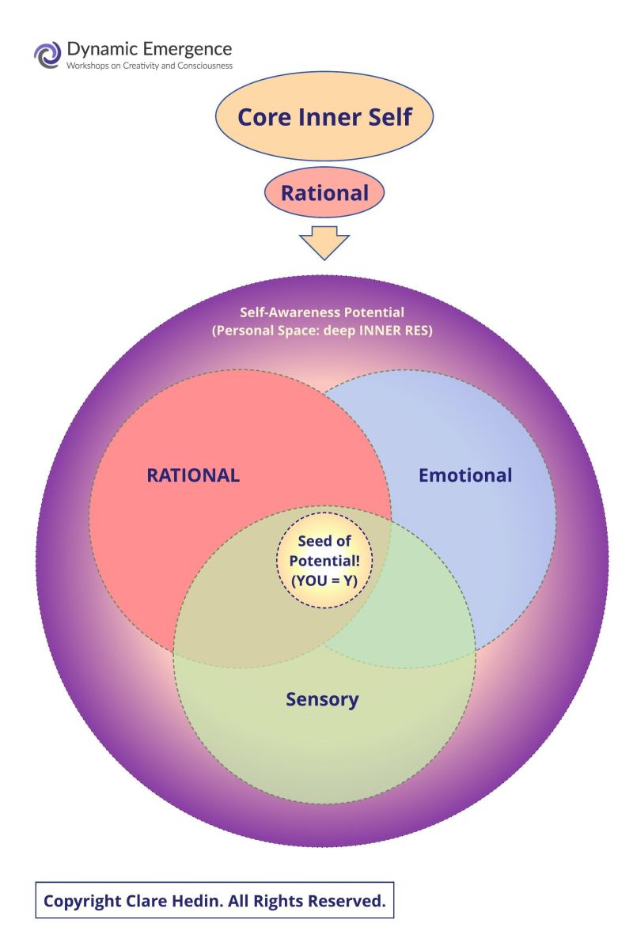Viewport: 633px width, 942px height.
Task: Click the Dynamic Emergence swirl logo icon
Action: coord(47,55)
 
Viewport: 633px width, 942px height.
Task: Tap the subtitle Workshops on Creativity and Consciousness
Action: coord(150,66)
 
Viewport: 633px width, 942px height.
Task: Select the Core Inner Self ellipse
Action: coord(324,118)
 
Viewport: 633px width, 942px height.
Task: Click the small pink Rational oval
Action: coord(324,193)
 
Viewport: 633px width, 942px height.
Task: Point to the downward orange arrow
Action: coord(324,242)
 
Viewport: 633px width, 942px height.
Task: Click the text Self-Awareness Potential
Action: coord(322,312)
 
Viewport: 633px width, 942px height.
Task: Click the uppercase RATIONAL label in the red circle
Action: coord(193,475)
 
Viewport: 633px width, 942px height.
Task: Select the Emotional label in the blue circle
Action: coord(465,475)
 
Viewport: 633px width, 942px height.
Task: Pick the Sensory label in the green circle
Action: coord(322,699)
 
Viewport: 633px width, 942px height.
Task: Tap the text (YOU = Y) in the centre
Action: coord(324,580)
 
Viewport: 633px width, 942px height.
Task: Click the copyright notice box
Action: coord(214,900)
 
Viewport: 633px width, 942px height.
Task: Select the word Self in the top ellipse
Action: coord(389,118)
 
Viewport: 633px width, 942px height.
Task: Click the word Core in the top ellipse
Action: coord(264,118)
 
